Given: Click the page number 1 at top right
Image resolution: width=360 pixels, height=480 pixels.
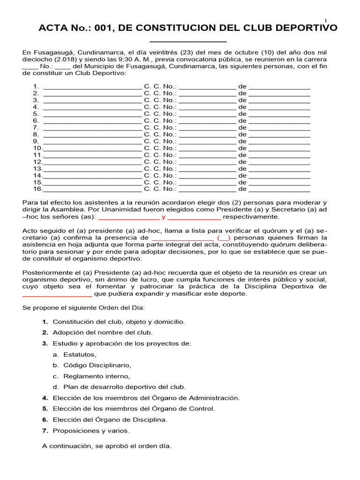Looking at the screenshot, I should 325,20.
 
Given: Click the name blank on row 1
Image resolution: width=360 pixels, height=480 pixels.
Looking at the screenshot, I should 92,87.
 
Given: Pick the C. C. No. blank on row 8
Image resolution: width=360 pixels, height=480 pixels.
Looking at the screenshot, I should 207,134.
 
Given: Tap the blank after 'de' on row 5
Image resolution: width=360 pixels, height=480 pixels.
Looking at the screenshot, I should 279,114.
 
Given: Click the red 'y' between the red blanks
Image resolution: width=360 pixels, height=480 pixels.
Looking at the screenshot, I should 164,217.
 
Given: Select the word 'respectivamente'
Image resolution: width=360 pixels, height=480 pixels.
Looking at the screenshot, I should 251,217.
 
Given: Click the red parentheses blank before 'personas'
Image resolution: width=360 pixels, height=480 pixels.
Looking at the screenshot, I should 224,238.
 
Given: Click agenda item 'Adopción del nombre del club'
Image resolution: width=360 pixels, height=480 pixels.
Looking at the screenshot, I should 102,332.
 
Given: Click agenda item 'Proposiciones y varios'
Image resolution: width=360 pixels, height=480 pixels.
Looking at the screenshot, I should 91,430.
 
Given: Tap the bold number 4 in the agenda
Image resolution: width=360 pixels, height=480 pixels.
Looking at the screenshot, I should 45,398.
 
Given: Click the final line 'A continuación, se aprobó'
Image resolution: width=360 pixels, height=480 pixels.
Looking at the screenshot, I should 107,446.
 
